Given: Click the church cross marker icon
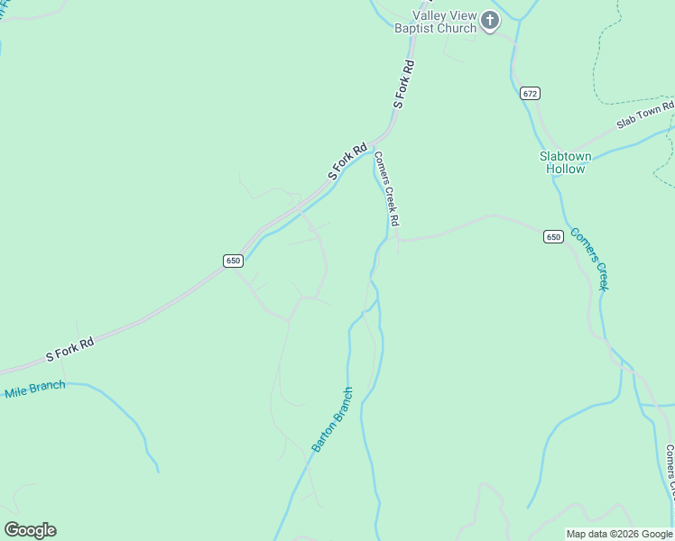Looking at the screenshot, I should [489, 21].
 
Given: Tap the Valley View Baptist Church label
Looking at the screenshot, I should [435, 22].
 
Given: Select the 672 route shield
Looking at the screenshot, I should [530, 93].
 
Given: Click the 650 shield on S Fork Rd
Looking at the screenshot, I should [233, 261].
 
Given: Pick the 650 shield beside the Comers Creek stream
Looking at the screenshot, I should [553, 236].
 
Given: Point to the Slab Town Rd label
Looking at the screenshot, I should [645, 115].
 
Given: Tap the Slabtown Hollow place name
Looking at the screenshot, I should [566, 162].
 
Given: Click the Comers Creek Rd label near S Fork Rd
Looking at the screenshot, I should [387, 188].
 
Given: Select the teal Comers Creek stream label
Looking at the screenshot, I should [591, 257].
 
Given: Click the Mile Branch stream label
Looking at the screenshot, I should [35, 390].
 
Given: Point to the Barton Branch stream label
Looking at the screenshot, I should [332, 419].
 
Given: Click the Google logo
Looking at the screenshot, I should [30, 530].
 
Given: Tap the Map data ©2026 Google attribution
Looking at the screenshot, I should [619, 534].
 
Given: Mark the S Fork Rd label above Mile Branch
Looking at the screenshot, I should [70, 350].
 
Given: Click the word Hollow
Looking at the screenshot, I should [566, 169].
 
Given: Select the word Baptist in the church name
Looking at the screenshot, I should [415, 28].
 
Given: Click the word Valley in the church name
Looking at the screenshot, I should [430, 15].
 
